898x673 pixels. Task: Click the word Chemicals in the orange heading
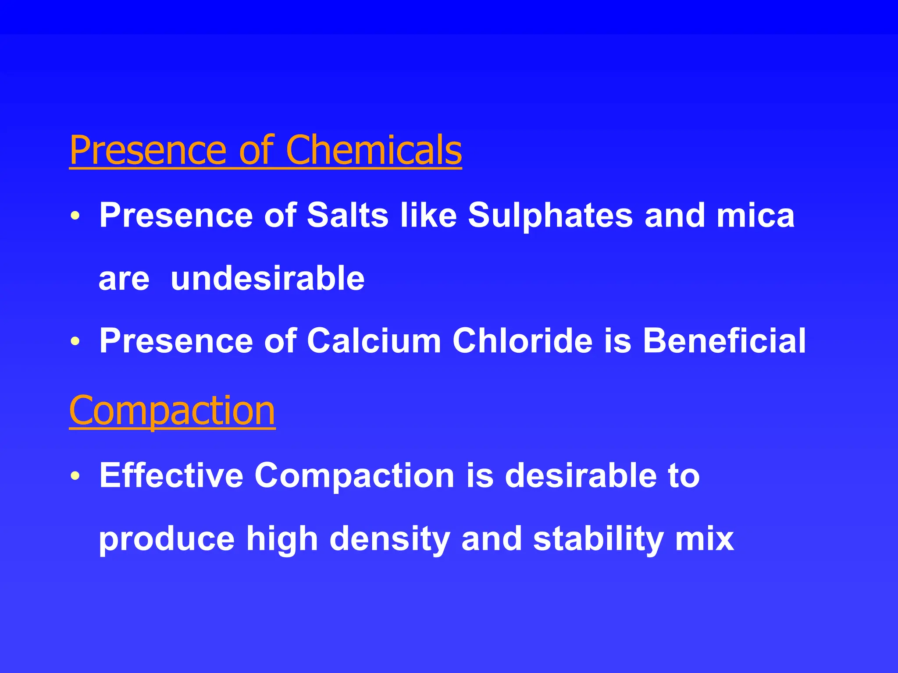(x=374, y=150)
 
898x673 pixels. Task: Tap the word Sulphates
(x=550, y=216)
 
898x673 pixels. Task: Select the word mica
(x=755, y=216)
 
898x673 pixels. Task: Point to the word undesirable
(x=267, y=279)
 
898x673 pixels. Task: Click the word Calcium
(x=374, y=341)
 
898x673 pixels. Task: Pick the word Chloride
(x=522, y=341)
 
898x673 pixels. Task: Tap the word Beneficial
(x=724, y=341)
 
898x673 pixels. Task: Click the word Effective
(x=171, y=475)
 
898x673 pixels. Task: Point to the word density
(x=390, y=539)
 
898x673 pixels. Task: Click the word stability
(x=598, y=539)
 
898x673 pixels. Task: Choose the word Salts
(x=347, y=216)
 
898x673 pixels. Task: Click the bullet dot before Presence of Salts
(x=75, y=216)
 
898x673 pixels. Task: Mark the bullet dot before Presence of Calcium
(x=75, y=341)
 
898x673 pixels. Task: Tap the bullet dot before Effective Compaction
(x=75, y=476)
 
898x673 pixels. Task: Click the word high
(x=282, y=539)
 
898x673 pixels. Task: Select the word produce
(x=167, y=540)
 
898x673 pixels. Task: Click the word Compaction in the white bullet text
(x=354, y=476)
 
